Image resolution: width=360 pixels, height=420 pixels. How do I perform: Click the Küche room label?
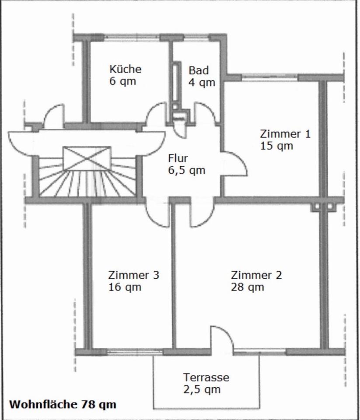125,69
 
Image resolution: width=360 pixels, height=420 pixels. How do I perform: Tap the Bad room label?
199,70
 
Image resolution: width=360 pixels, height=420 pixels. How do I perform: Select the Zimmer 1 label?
285,134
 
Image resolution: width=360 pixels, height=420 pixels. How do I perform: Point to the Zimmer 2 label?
256,275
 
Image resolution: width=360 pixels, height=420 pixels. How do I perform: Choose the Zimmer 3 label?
133,275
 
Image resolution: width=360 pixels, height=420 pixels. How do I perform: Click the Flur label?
178,158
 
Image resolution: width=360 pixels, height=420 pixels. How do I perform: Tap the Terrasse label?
206,377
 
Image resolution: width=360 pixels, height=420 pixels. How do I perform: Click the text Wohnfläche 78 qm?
63,404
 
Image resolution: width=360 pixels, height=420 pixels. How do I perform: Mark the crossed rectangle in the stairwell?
87,158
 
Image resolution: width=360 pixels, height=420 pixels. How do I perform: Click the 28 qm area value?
247,287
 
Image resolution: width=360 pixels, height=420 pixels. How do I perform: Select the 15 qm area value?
276,146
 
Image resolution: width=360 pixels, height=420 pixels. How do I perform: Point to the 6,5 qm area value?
186,170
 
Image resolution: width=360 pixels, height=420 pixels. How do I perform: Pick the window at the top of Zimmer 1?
269,78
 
